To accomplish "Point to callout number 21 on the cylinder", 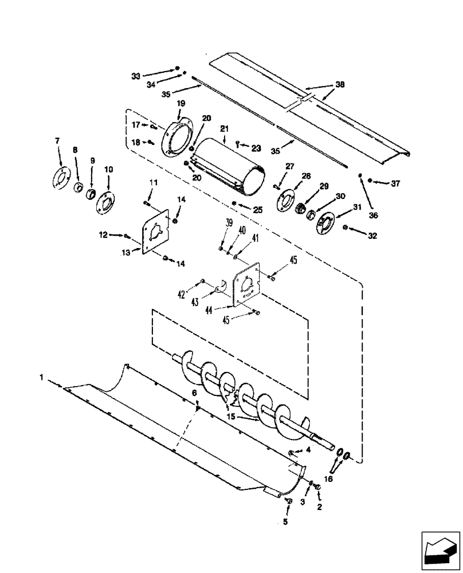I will click(x=224, y=129).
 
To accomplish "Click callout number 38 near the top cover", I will click(x=340, y=84).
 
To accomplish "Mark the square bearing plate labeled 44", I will click(x=247, y=284).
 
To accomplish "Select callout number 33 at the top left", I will click(x=136, y=76).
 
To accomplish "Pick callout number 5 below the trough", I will click(x=285, y=522).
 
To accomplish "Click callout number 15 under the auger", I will click(x=232, y=417).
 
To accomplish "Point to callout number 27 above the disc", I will click(x=289, y=166).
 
